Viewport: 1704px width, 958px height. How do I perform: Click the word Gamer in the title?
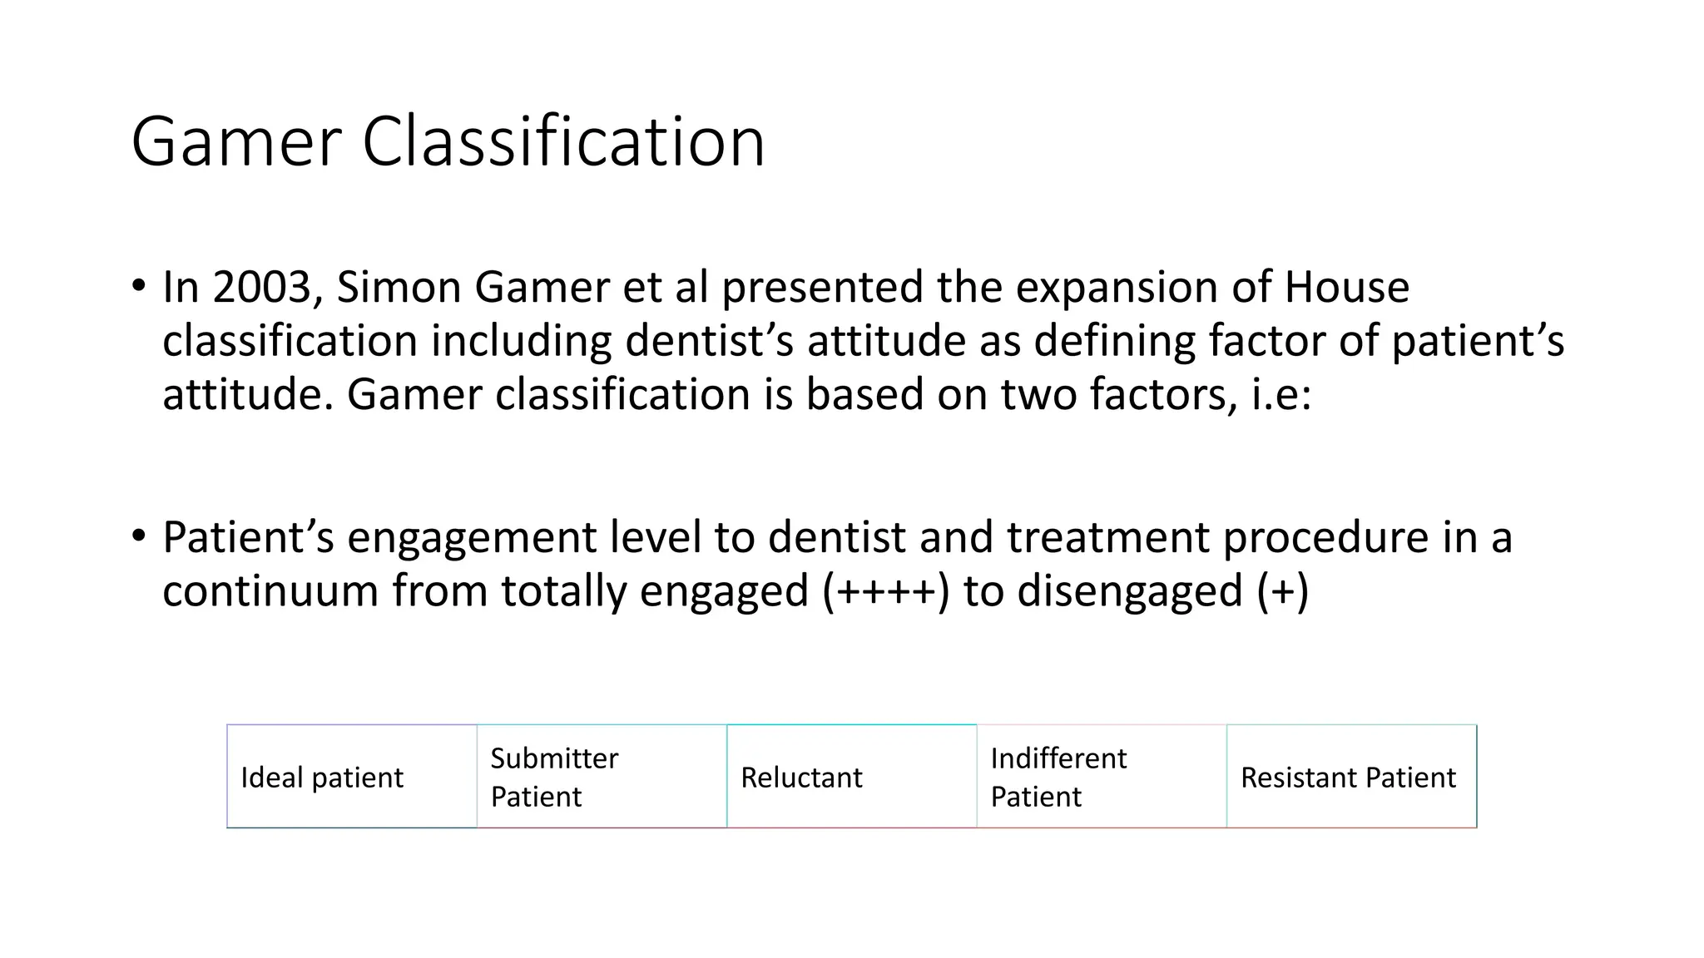[236, 142]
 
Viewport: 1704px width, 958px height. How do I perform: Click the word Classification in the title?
[563, 142]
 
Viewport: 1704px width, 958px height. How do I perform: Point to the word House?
[1346, 288]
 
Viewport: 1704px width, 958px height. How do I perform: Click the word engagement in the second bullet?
[471, 537]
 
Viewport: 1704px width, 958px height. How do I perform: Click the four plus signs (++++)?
[885, 591]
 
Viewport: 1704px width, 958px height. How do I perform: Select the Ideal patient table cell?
[352, 777]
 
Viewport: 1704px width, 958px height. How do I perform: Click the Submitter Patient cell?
[602, 777]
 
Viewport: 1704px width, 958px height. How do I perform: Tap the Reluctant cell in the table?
[851, 777]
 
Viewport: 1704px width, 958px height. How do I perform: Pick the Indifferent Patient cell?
[1101, 777]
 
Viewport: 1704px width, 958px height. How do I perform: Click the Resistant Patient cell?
[1350, 777]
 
